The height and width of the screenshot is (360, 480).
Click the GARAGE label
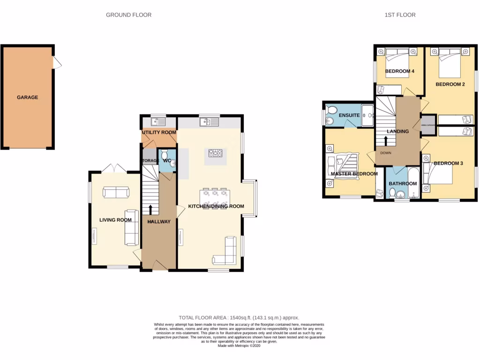pos(27,97)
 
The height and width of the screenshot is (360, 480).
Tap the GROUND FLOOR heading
pos(128,15)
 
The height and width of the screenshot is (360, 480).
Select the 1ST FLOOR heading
pos(400,15)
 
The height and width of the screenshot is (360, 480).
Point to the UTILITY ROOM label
pos(159,133)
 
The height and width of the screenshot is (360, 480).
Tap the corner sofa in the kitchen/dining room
pos(225,254)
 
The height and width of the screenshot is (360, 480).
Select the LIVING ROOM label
pos(115,220)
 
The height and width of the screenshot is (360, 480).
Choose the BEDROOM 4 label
pos(399,72)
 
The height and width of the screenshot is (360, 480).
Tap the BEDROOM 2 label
pos(450,85)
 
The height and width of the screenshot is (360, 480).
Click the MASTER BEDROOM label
pos(354,174)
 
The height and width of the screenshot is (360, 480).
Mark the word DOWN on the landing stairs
pos(386,153)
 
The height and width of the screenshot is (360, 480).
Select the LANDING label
pos(398,132)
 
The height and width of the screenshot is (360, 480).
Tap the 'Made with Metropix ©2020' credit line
pos(240,345)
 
